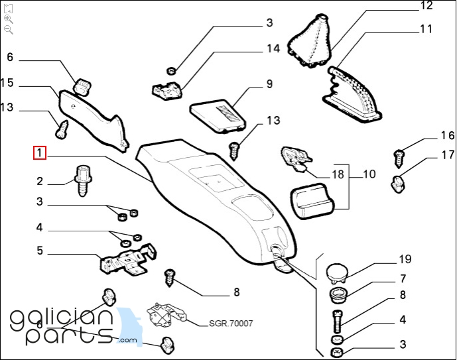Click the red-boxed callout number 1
[40, 154]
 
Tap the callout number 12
[426, 6]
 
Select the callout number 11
[426, 29]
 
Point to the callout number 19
[405, 259]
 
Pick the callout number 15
[7, 83]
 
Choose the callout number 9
[270, 84]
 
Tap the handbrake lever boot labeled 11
[355, 93]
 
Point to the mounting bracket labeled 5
[126, 259]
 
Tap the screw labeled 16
[399, 157]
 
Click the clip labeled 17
[399, 184]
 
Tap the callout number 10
[369, 174]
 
